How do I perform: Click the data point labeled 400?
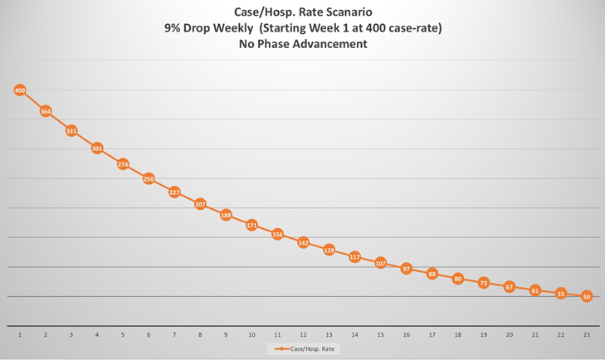pos(20,90)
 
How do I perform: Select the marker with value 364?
pos(46,111)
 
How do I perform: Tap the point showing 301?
pos(97,148)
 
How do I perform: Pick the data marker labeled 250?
pos(149,178)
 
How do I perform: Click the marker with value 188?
pos(226,215)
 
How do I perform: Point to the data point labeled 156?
pos(277,235)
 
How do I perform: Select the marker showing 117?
pos(354,257)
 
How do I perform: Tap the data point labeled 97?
pos(406,269)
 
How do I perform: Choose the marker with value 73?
pos(484,283)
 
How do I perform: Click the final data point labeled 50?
pos(587,296)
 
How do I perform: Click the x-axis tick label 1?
pos(20,334)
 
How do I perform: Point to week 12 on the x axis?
pos(303,334)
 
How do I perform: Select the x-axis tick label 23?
pos(587,334)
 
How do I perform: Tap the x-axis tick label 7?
pos(174,334)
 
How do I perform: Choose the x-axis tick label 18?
pos(457,334)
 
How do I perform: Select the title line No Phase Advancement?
pos(302,44)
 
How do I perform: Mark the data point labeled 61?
pos(535,290)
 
